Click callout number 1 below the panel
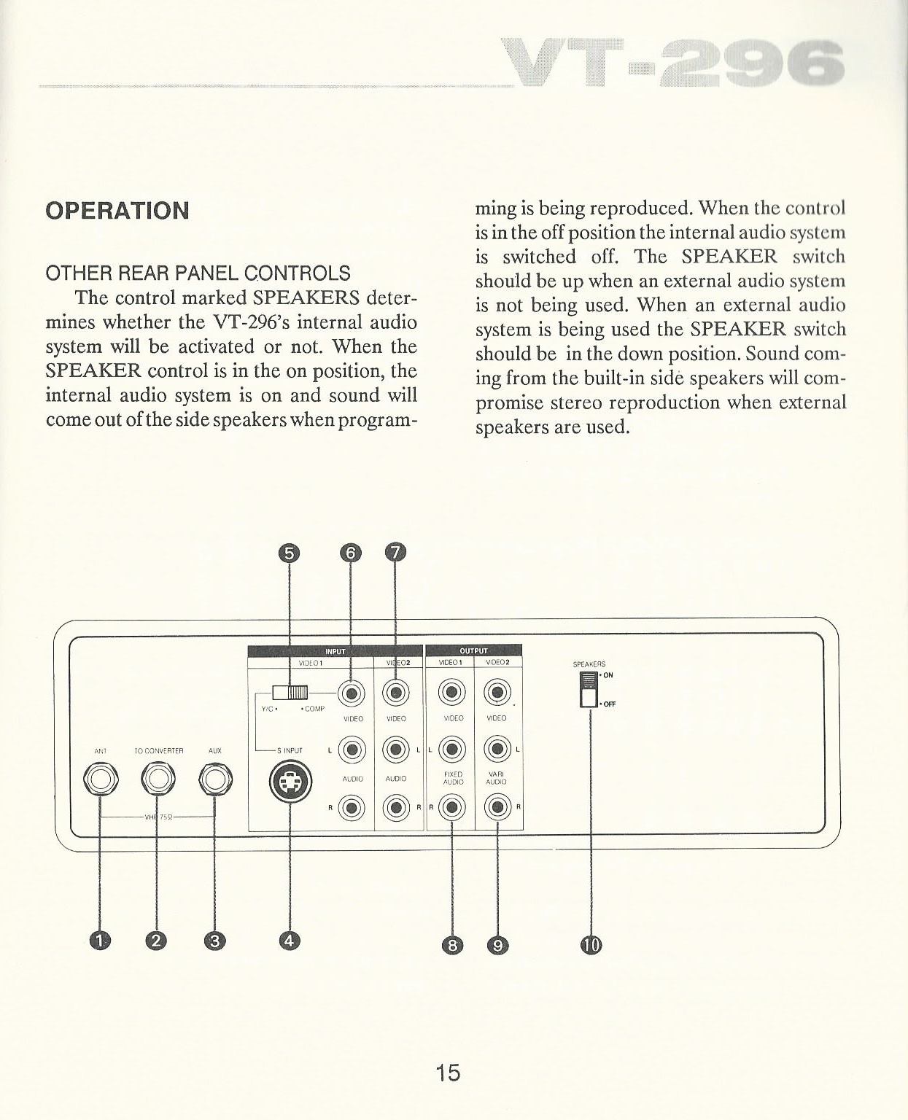pyautogui.click(x=99, y=941)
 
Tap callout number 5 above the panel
pyautogui.click(x=290, y=553)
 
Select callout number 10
pyautogui.click(x=591, y=946)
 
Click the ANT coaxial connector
pyautogui.click(x=100, y=780)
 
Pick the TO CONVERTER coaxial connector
pyautogui.click(x=158, y=780)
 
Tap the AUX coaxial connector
pyautogui.click(x=214, y=780)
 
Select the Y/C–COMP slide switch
pyautogui.click(x=290, y=692)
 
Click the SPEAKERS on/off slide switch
pyautogui.click(x=588, y=689)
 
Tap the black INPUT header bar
pyautogui.click(x=335, y=651)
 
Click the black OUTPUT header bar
pyautogui.click(x=473, y=651)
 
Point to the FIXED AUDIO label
pyautogui.click(x=453, y=778)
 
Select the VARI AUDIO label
pyautogui.click(x=497, y=778)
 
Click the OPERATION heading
pyautogui.click(x=117, y=211)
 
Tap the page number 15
pyautogui.click(x=448, y=1073)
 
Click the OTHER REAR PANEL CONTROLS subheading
pyautogui.click(x=198, y=273)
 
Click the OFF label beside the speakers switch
pyautogui.click(x=609, y=704)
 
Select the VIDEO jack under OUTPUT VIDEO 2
pyautogui.click(x=497, y=692)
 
